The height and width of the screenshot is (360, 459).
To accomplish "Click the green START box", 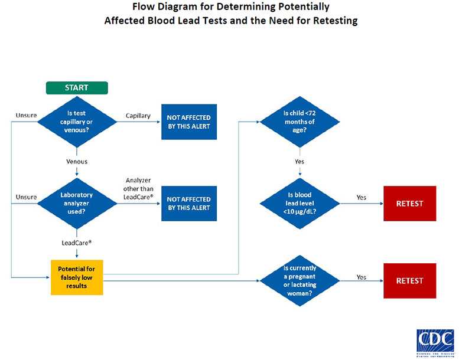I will [x=77, y=88].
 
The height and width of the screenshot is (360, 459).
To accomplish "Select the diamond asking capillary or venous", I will [x=77, y=122].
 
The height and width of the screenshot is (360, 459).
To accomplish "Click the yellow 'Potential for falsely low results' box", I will [x=77, y=277].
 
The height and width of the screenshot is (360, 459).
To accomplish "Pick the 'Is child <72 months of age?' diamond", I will [x=300, y=122].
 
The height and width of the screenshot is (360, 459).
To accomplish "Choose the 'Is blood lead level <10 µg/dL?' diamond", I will [x=300, y=203].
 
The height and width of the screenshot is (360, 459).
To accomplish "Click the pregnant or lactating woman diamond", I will [x=300, y=281].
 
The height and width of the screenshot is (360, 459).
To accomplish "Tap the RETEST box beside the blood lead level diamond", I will [x=410, y=204].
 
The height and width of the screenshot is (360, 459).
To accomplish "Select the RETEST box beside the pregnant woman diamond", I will [x=410, y=281].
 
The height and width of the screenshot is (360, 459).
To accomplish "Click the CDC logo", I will [x=435, y=342].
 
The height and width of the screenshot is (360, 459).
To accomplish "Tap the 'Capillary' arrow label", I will [x=138, y=116].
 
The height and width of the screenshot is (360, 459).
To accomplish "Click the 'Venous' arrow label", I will [x=77, y=161].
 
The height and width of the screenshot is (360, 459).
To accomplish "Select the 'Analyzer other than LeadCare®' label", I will [x=139, y=188].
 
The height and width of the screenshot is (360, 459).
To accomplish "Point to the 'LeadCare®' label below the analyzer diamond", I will [x=77, y=242].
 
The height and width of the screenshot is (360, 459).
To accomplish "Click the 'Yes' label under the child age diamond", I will [x=300, y=161].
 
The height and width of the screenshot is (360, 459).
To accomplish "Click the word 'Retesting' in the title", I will [x=333, y=21].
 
